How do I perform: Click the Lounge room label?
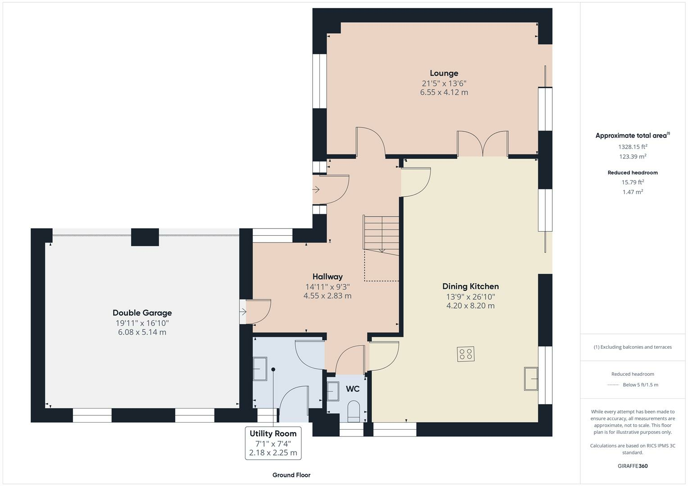(x=444, y=73)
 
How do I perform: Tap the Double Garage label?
(x=142, y=313)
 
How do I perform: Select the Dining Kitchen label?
(x=470, y=286)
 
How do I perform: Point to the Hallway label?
(x=328, y=276)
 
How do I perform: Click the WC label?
(x=352, y=389)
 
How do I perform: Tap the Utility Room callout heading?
(x=273, y=433)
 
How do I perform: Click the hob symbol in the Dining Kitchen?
(x=465, y=354)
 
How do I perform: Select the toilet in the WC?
(x=353, y=411)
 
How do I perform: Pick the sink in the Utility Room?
(x=260, y=369)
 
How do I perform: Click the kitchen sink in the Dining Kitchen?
(x=531, y=378)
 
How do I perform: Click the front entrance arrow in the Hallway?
(x=316, y=189)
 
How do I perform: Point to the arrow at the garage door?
(x=243, y=312)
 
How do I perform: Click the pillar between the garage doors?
(x=145, y=237)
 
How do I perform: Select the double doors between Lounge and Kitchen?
(x=483, y=144)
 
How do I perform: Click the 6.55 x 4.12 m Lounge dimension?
(x=444, y=92)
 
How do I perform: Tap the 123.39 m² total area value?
(x=633, y=157)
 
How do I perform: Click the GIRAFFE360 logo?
(x=633, y=466)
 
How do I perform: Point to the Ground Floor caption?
(x=291, y=475)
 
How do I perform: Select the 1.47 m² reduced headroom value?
(x=633, y=192)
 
